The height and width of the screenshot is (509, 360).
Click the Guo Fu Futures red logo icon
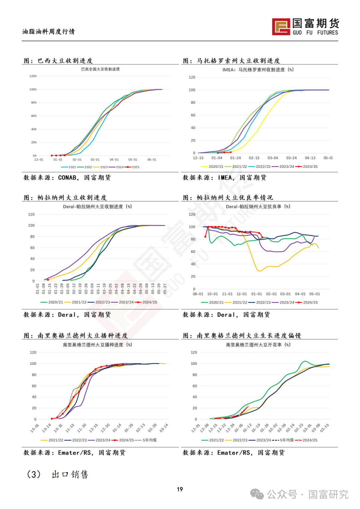[x=281, y=27]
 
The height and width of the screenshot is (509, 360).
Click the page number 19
[x=180, y=489]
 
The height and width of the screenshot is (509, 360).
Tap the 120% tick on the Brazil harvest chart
[x=33, y=76]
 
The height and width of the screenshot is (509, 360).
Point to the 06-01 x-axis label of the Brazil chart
[x=152, y=160]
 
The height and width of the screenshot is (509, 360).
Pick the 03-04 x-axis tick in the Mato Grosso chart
[x=273, y=158]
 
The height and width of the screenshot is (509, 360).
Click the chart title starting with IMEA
[x=258, y=70]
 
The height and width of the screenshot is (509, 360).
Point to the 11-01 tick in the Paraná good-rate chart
[x=227, y=294]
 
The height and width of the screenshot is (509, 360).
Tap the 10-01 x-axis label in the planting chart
[x=35, y=428]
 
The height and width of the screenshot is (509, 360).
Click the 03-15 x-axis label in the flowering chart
[x=325, y=428]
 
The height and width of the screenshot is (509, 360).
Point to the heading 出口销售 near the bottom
[x=70, y=474]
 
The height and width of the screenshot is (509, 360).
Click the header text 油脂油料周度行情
[x=49, y=32]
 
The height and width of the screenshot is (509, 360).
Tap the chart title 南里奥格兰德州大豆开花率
[x=258, y=345]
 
